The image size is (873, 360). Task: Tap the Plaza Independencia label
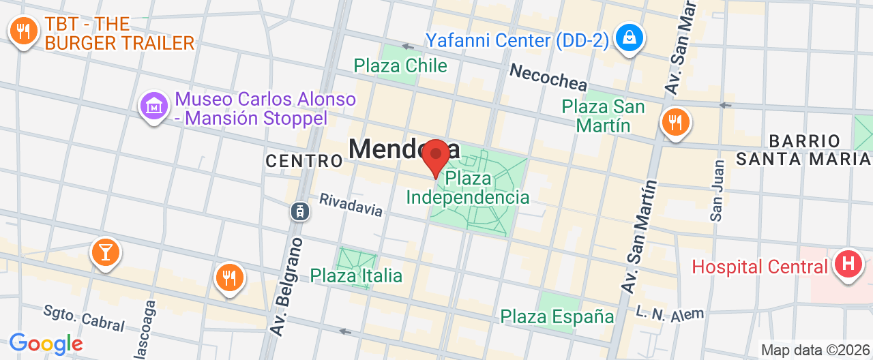point(468,188)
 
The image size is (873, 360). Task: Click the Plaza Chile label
point(400,65)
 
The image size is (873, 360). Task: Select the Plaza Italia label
point(356,275)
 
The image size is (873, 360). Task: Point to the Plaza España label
point(557,316)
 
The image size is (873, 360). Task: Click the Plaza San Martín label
point(603,116)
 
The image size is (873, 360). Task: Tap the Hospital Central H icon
point(848,262)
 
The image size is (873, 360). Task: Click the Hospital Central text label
point(760,266)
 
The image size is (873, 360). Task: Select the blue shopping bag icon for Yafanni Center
point(625,39)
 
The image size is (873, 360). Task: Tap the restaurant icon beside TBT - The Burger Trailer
point(24,31)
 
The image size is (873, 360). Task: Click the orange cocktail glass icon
point(105,252)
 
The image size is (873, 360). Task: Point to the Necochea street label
point(548,77)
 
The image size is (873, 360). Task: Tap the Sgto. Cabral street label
point(83,317)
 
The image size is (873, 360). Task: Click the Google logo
point(46,344)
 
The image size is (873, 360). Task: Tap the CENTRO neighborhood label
point(304,161)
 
